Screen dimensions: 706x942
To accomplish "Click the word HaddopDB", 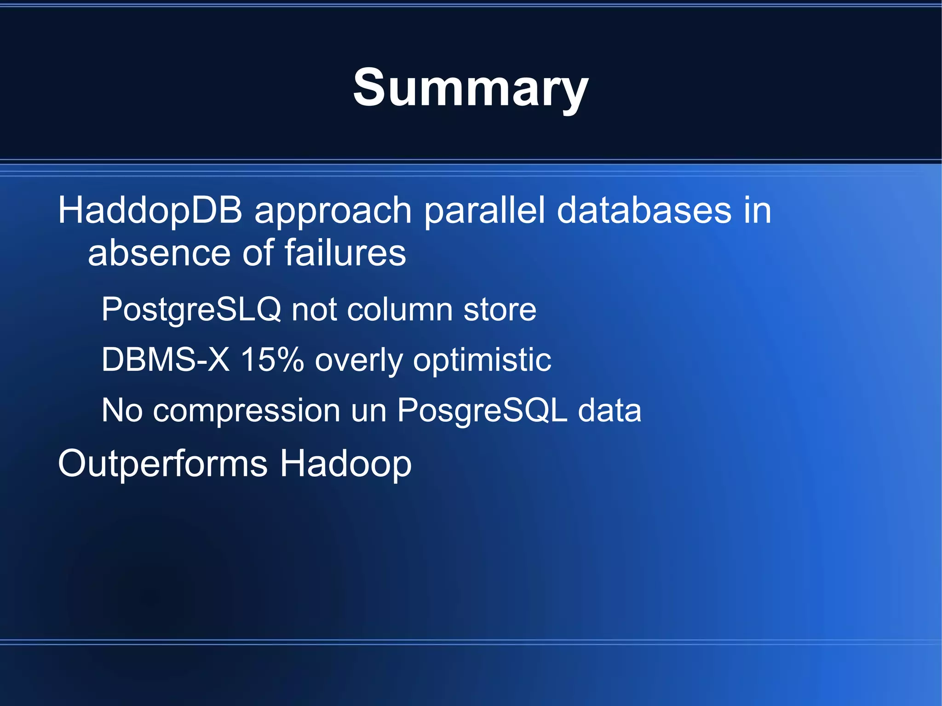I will click(x=150, y=210).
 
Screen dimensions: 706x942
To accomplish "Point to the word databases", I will click(x=643, y=210).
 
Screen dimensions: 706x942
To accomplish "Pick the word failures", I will click(x=345, y=253).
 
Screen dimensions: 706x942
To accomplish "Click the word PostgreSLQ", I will click(x=191, y=309).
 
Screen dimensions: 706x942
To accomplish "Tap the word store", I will click(x=500, y=309).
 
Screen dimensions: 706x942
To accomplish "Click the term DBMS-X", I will click(x=165, y=359).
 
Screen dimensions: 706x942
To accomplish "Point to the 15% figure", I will click(x=272, y=359).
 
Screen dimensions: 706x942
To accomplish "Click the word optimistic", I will click(x=482, y=360).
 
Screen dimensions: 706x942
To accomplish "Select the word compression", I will click(x=247, y=410).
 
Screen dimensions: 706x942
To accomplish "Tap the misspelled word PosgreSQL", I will click(x=482, y=410).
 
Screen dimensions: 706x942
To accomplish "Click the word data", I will click(x=609, y=410).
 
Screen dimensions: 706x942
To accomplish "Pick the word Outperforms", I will click(x=162, y=464).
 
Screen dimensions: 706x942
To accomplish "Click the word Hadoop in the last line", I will click(x=345, y=464).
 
